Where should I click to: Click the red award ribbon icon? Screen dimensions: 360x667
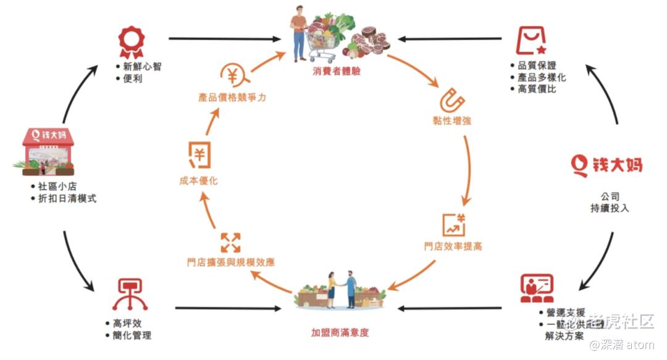131,41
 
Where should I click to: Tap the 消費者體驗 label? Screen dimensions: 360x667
336,71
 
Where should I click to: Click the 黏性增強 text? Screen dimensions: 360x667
452,120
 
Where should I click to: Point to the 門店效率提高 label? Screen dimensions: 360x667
453,246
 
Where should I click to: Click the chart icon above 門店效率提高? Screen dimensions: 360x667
453,224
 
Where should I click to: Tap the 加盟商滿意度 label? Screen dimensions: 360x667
340,332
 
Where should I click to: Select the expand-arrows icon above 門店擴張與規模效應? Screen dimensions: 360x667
230,242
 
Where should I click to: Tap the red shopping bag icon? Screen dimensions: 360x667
531,41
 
